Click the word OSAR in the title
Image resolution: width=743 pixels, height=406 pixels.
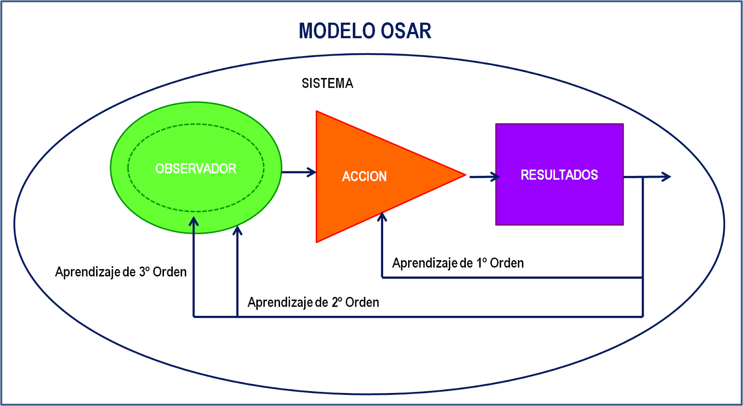[406, 31]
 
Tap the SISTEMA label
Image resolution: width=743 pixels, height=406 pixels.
[327, 83]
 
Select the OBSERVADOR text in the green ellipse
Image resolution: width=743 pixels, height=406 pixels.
[196, 169]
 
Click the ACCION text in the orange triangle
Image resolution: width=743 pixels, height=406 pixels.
[364, 177]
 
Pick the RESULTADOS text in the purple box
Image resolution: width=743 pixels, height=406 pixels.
[559, 175]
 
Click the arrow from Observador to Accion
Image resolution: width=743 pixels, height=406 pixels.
[299, 172]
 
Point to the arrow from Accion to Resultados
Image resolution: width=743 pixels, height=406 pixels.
[484, 177]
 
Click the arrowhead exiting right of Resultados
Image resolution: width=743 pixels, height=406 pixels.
[667, 177]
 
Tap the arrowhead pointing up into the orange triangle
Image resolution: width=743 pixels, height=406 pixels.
[382, 216]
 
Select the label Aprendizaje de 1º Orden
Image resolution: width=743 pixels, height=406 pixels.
[458, 263]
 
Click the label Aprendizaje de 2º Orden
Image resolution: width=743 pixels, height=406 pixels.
[313, 302]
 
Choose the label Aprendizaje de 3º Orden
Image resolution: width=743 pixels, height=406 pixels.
[121, 272]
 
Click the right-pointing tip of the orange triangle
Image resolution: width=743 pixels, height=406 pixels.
[464, 175]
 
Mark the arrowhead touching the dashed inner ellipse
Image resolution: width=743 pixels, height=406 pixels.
[194, 221]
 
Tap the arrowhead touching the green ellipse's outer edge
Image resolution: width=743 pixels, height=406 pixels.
[237, 229]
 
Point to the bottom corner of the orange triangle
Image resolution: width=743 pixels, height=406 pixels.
[318, 241]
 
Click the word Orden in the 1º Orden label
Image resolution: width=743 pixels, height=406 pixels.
[507, 263]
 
